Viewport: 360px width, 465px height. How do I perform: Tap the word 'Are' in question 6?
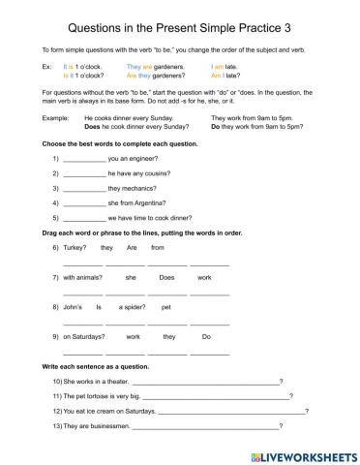point(132,248)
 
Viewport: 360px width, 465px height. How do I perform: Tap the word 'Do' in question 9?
point(206,337)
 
